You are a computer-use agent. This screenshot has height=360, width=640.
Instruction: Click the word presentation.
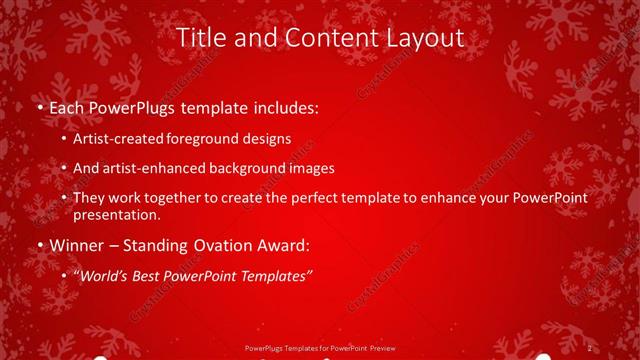(116, 214)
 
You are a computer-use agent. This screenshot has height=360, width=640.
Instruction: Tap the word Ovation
(212, 243)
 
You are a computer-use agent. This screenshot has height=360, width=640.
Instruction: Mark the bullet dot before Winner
(39, 243)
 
